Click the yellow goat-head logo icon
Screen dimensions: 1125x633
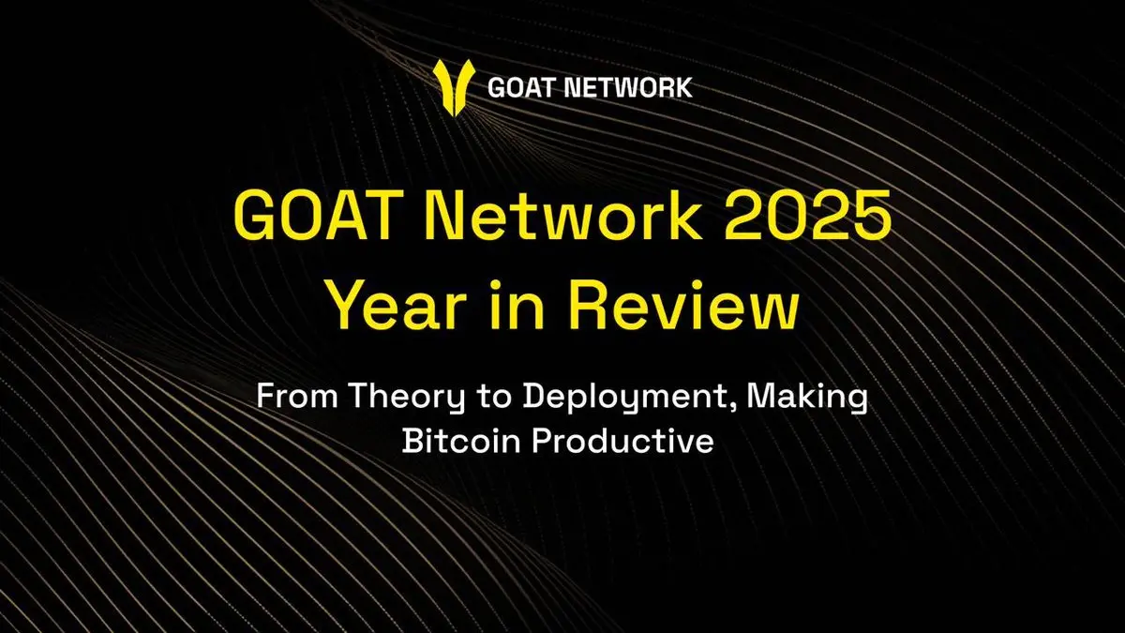454,87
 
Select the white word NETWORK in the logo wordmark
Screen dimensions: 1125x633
628,87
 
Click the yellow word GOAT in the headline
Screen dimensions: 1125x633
314,216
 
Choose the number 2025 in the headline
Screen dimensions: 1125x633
807,216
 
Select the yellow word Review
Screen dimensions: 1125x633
683,304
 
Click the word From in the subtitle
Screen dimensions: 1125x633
297,396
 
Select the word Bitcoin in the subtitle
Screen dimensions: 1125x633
461,441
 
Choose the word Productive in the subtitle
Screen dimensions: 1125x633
622,441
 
